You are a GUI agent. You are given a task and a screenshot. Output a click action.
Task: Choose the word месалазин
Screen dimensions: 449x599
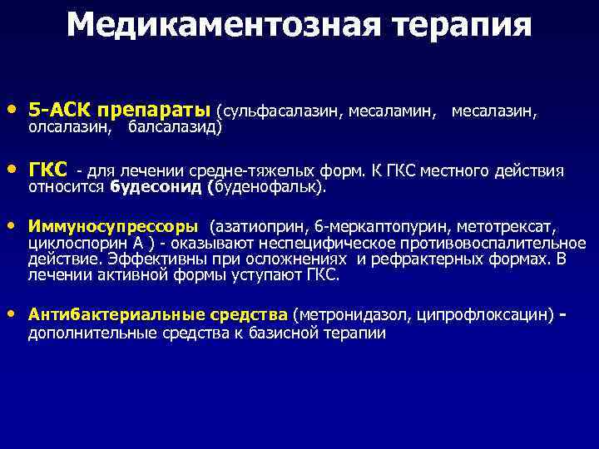(x=493, y=111)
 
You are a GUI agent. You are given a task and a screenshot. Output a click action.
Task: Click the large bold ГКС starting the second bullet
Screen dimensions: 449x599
(x=48, y=170)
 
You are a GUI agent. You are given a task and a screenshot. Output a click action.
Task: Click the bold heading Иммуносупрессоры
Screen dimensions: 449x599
(x=114, y=227)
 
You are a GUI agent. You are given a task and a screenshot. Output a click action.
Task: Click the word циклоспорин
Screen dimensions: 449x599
(x=75, y=243)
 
